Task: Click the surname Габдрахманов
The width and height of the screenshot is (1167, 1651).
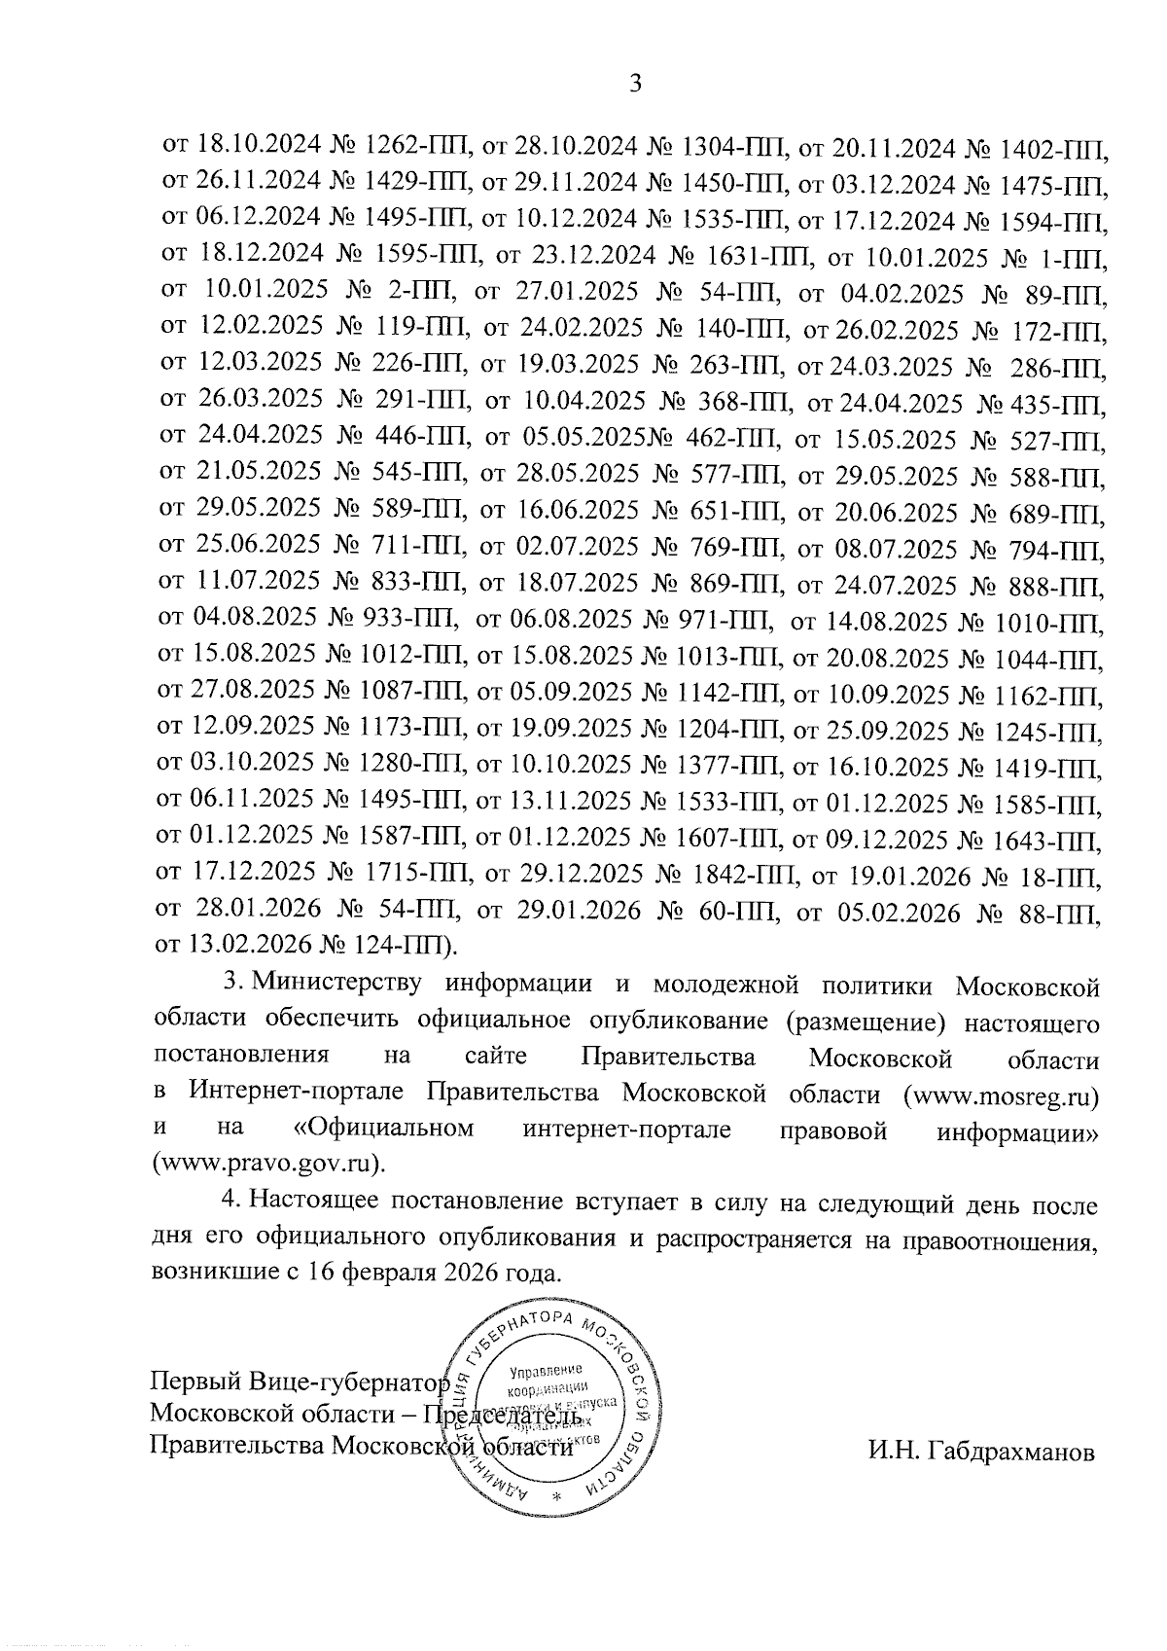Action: coord(982,1454)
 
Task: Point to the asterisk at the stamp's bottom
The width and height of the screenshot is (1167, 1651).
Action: coord(557,1495)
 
